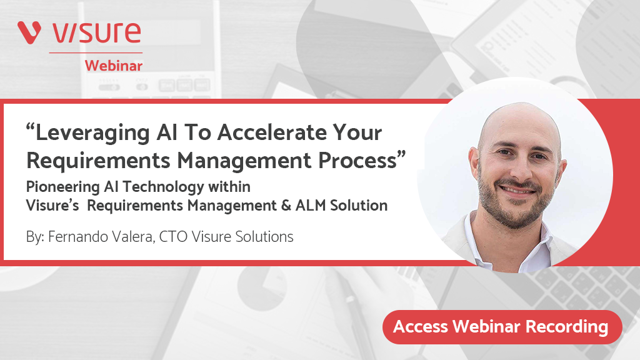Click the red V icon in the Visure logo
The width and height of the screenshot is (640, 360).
(29, 32)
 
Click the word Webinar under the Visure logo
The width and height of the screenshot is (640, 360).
(114, 66)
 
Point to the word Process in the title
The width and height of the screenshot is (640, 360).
(357, 160)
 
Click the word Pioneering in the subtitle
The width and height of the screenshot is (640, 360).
(63, 187)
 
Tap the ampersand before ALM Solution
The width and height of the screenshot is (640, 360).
(286, 205)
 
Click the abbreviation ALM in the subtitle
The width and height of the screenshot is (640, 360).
(311, 205)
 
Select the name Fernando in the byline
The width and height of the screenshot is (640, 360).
(74, 237)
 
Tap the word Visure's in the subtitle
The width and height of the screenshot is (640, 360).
(52, 205)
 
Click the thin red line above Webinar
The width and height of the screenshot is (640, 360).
(96, 52)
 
